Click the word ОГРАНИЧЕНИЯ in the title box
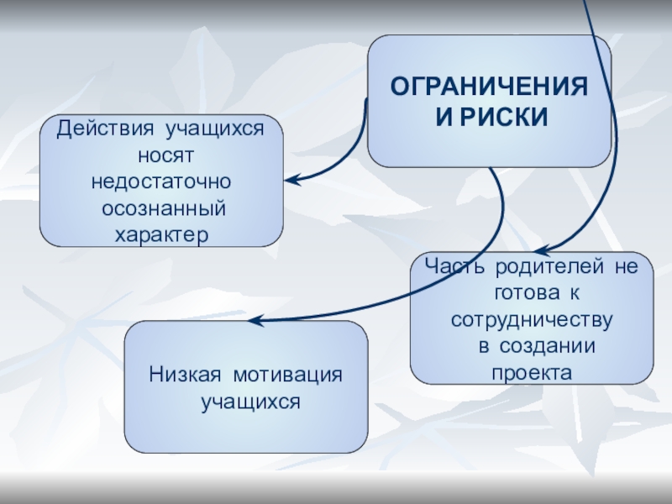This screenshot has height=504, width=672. [490, 87]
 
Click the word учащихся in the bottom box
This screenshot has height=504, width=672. [250, 401]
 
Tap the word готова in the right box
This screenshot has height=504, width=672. [517, 294]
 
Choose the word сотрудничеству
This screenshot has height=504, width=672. [531, 320]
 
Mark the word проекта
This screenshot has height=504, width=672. [531, 371]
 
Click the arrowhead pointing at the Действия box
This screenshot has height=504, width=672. [291, 179]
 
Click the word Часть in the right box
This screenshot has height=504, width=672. [454, 268]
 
